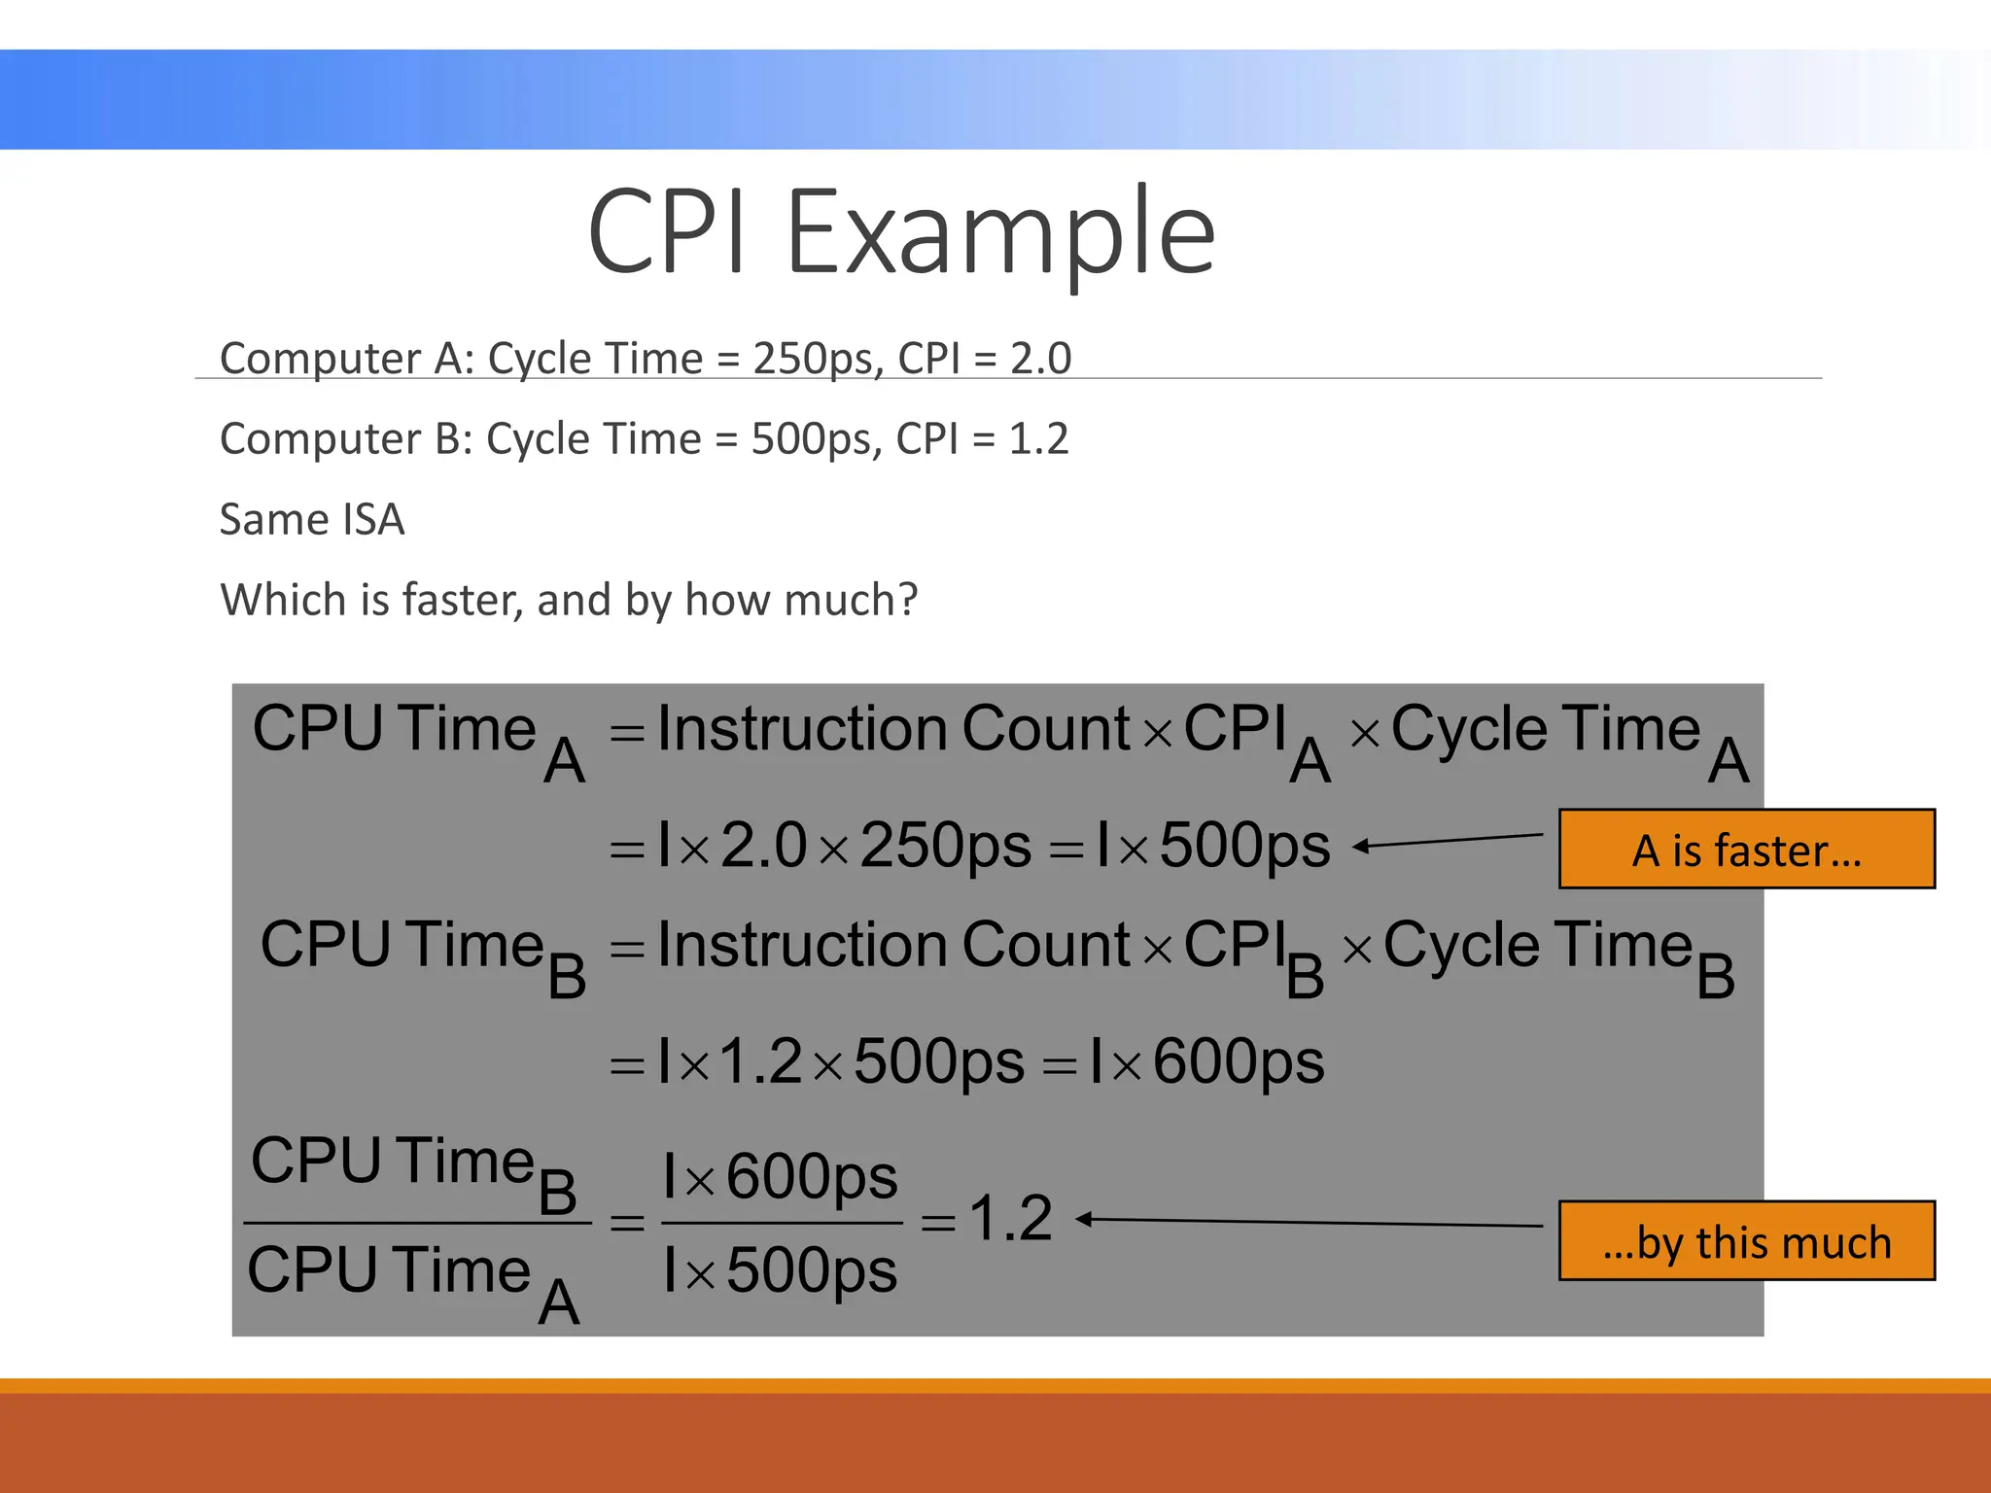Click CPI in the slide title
(668, 233)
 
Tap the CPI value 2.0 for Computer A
(1040, 359)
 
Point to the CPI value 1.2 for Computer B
(1038, 439)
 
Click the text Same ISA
(312, 520)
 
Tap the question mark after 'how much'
(908, 600)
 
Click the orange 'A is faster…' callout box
(1746, 849)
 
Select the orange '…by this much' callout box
(1746, 1241)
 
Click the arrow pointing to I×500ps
(1449, 841)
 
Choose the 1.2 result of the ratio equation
(1010, 1218)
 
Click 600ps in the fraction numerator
(812, 1178)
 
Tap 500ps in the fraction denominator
(812, 1270)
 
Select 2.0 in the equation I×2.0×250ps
(763, 845)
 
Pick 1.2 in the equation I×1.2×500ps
(760, 1060)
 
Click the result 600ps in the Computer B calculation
(1239, 1060)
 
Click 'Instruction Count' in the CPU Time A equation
(893, 728)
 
